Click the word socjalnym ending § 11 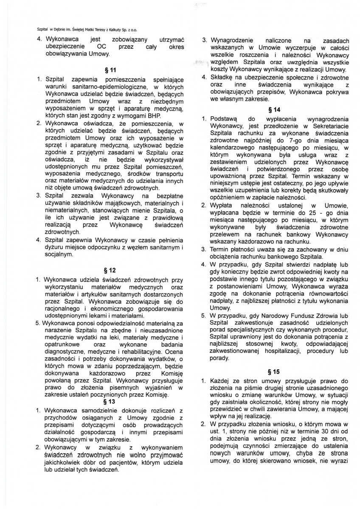coord(59,255)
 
